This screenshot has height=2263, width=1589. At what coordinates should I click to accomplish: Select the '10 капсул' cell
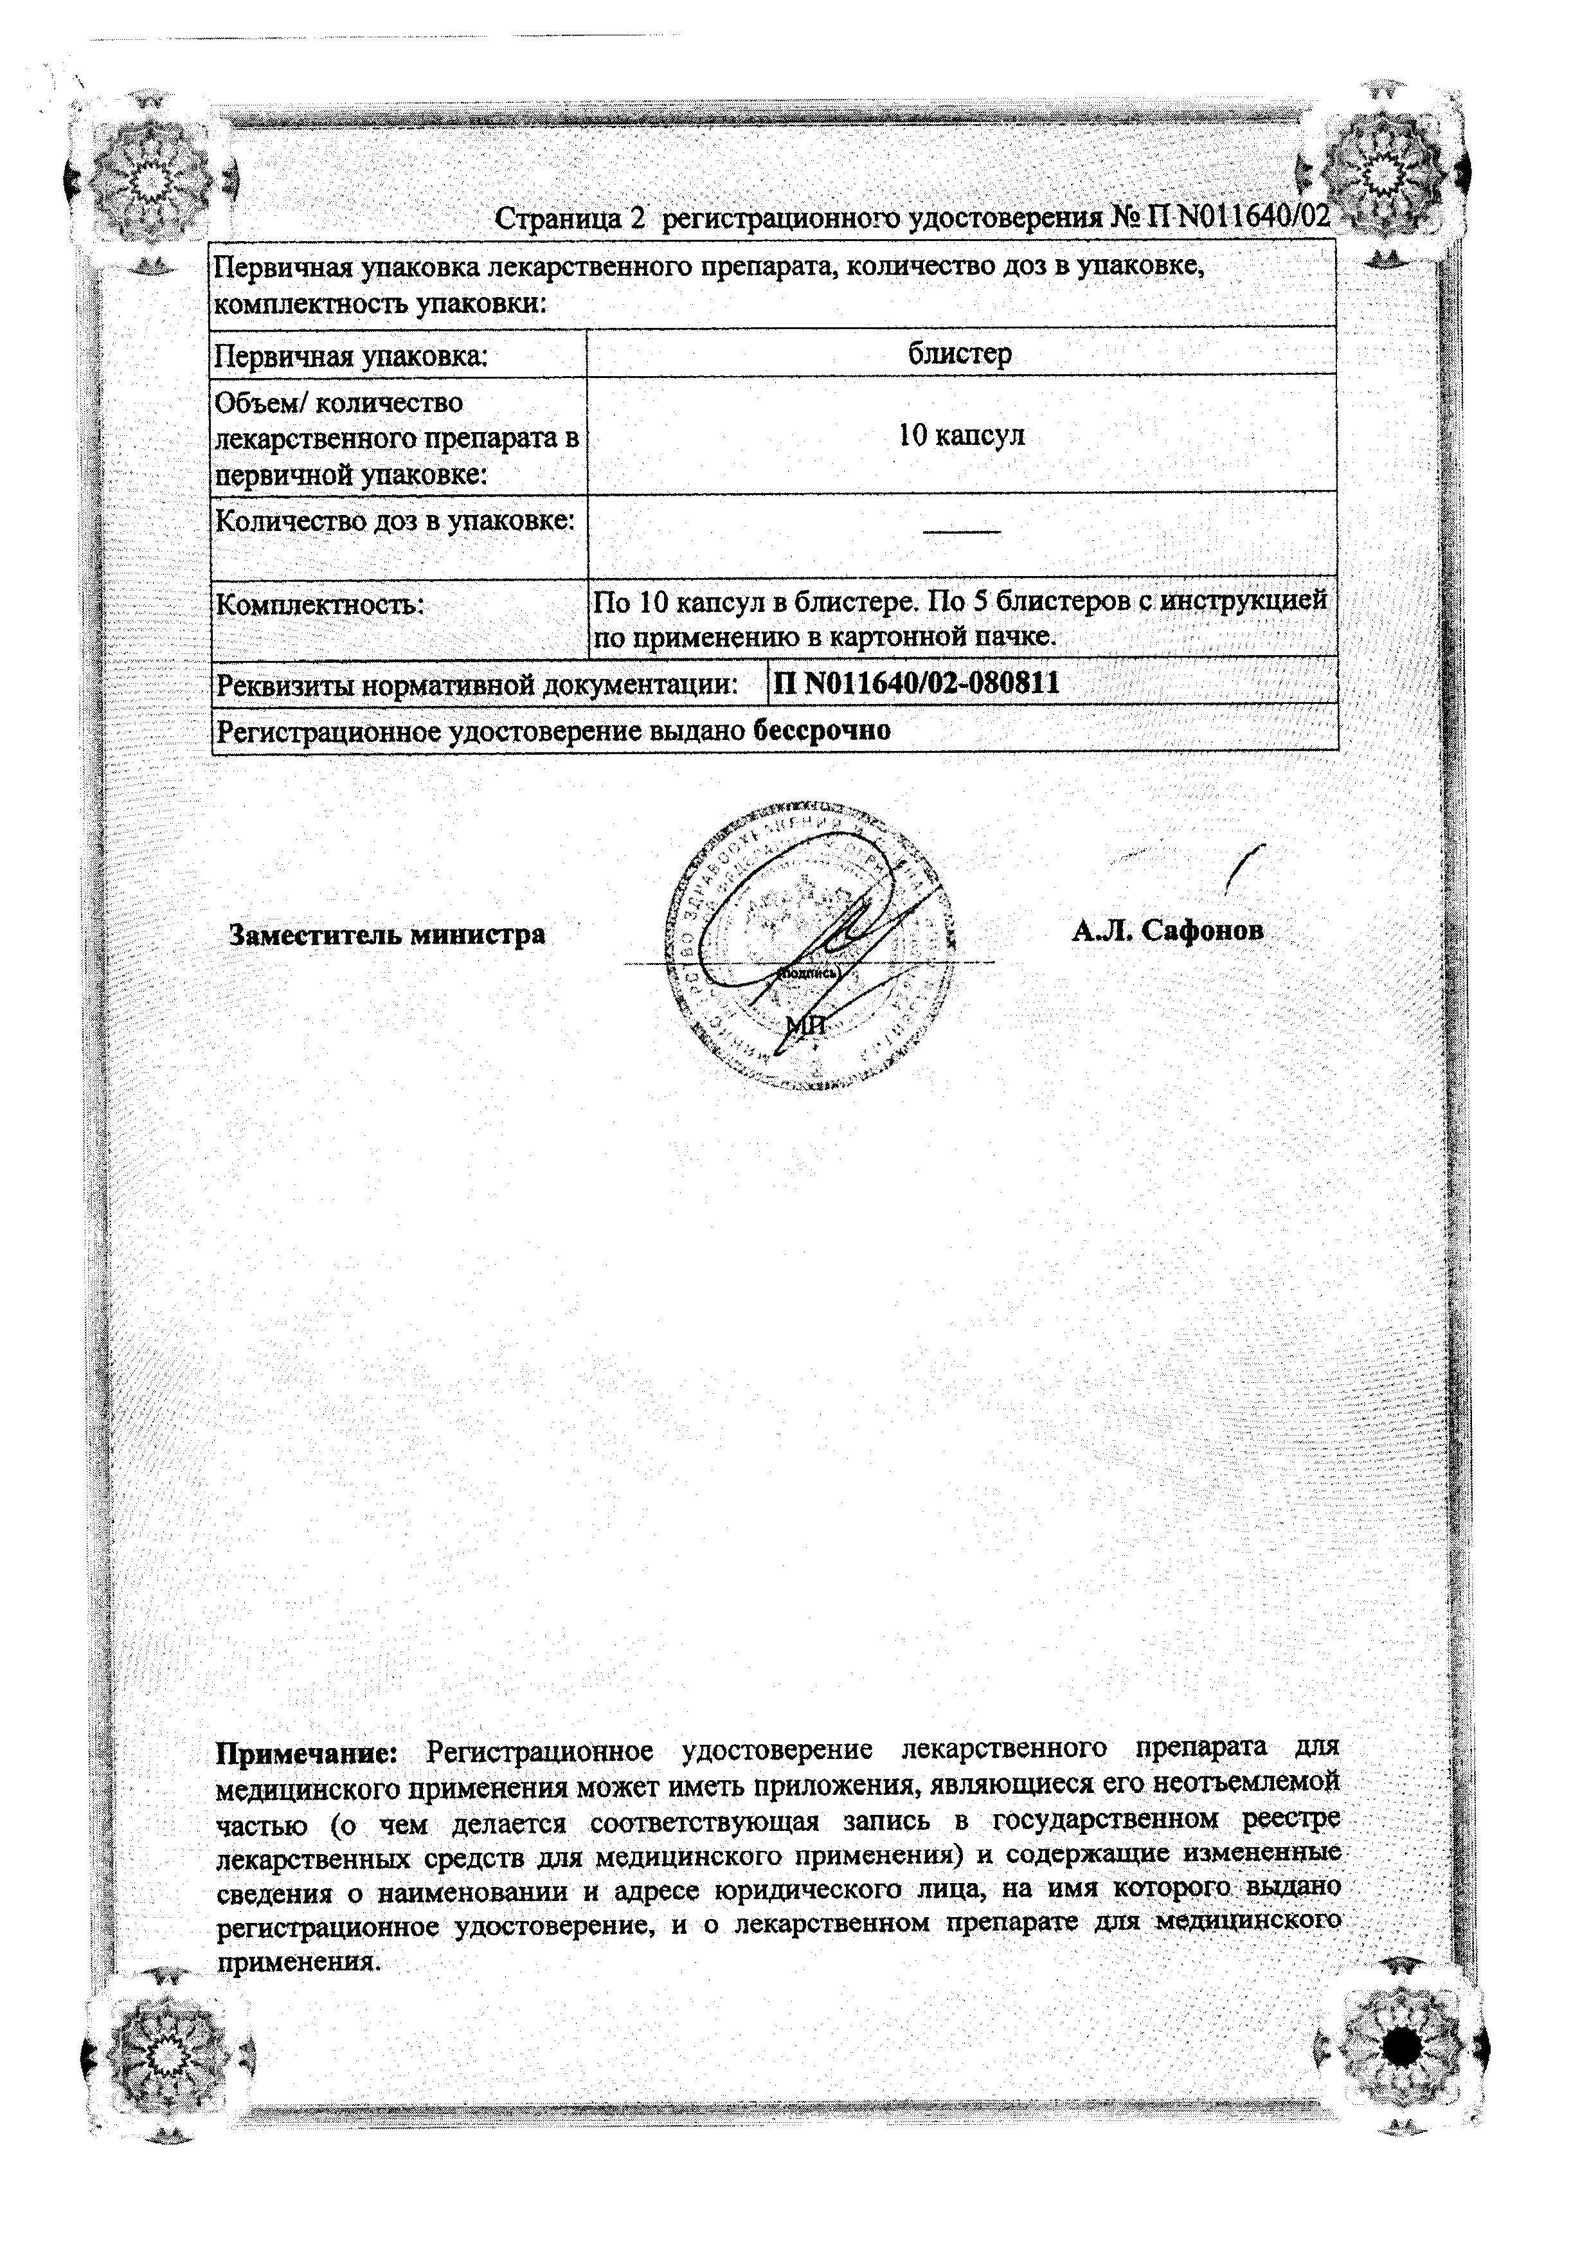point(961,436)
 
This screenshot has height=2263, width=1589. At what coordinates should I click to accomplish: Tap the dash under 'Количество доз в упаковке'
point(961,532)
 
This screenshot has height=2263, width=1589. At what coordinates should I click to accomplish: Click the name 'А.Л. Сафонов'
point(1167,930)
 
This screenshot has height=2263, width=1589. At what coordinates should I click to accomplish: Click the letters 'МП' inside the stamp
point(805,1025)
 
